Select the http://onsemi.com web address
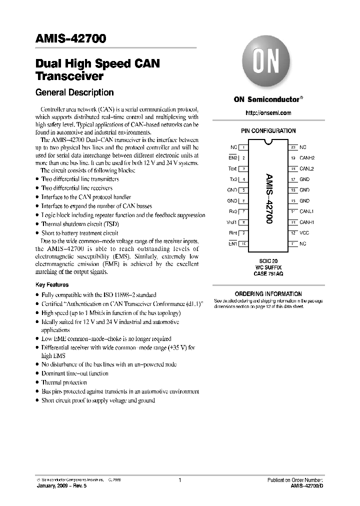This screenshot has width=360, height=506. click(x=268, y=113)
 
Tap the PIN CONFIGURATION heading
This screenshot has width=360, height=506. click(x=268, y=131)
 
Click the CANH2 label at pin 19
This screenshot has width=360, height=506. click(x=307, y=158)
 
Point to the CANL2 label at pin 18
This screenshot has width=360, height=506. click(x=307, y=169)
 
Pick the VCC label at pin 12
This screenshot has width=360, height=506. click(x=304, y=233)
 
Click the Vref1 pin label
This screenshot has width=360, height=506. click(x=232, y=222)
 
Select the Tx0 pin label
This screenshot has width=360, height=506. click(x=233, y=179)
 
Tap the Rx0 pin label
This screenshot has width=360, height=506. click(x=233, y=211)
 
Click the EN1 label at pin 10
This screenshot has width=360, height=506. click(x=233, y=243)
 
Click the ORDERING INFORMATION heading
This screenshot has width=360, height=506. click(x=268, y=294)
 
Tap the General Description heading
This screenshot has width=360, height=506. click(x=74, y=92)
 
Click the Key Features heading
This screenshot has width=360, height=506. click(x=52, y=284)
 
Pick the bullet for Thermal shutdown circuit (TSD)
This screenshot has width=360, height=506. click(x=37, y=224)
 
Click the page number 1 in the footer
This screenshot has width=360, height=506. click(x=179, y=480)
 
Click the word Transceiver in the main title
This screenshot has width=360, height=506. click(x=69, y=76)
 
